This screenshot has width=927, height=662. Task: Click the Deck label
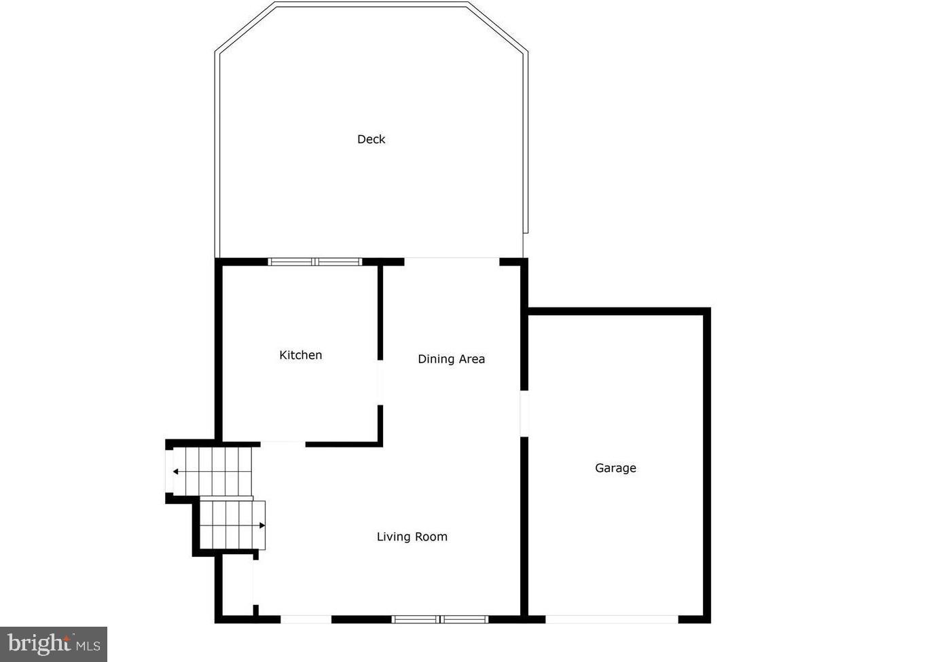pos(371,139)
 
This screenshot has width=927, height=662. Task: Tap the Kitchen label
pos(300,355)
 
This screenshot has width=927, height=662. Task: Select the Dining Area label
pos(451,359)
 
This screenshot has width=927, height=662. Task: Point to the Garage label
pos(615,468)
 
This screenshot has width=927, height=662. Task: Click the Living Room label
pos(412,537)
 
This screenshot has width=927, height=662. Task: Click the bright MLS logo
pos(54,644)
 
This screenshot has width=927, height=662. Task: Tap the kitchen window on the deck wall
pos(315,261)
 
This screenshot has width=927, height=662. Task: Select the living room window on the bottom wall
pos(440,619)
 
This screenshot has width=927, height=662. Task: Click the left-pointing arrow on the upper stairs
pos(176,471)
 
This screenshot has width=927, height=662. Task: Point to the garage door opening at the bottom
pos(612,619)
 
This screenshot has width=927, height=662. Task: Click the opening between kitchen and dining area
pos(380,383)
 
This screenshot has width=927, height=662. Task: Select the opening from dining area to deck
pos(452,261)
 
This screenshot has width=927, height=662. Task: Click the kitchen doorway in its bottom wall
pos(283,444)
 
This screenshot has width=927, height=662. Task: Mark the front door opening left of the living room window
pos(306,619)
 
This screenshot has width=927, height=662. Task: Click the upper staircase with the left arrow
pos(213,472)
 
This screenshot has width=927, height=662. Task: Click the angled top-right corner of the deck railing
pos(498,27)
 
